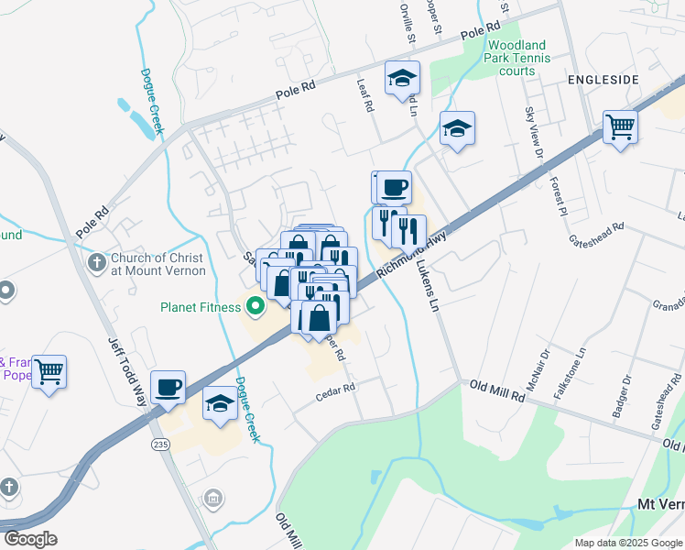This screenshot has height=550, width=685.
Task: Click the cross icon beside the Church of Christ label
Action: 96,264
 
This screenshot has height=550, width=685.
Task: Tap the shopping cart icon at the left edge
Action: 49,371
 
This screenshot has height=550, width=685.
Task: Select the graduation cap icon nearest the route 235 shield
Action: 221,403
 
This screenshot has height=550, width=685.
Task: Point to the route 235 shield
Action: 161,444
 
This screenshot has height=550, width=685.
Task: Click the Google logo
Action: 31,538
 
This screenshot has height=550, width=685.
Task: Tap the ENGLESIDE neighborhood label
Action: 602,81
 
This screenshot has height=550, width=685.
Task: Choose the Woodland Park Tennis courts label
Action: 518,58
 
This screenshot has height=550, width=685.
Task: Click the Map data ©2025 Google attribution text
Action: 627,543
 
